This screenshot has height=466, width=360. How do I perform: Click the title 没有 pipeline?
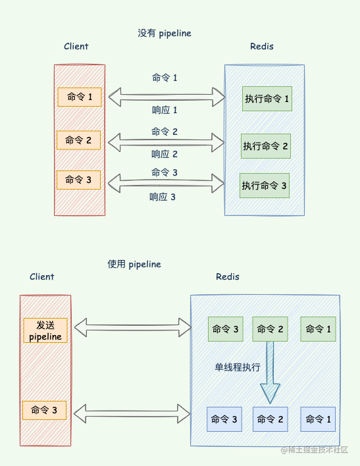(165, 33)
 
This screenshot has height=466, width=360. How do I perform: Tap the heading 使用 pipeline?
(134, 264)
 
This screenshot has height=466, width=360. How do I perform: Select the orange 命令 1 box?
(80, 97)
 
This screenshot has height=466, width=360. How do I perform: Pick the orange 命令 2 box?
(79, 140)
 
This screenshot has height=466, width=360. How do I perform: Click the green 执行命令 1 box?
(267, 99)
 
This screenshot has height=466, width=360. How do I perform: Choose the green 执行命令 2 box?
(266, 145)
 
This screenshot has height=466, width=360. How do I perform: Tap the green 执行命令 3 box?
(265, 186)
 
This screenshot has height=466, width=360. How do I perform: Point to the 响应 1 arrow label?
(165, 110)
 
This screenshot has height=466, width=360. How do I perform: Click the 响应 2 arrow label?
(165, 154)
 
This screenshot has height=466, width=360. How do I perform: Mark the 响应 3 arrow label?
(163, 196)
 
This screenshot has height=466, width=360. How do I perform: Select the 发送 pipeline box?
(45, 331)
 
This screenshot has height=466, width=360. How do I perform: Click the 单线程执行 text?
(238, 367)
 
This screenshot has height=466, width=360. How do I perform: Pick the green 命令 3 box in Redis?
(226, 329)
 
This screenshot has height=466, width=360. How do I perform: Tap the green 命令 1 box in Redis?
(318, 329)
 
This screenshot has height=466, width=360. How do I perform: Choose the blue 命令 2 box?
(270, 419)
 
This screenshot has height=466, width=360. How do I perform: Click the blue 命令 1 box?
(318, 419)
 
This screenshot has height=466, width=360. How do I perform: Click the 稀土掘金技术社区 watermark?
(319, 450)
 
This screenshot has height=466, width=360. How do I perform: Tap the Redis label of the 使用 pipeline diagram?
(228, 276)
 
